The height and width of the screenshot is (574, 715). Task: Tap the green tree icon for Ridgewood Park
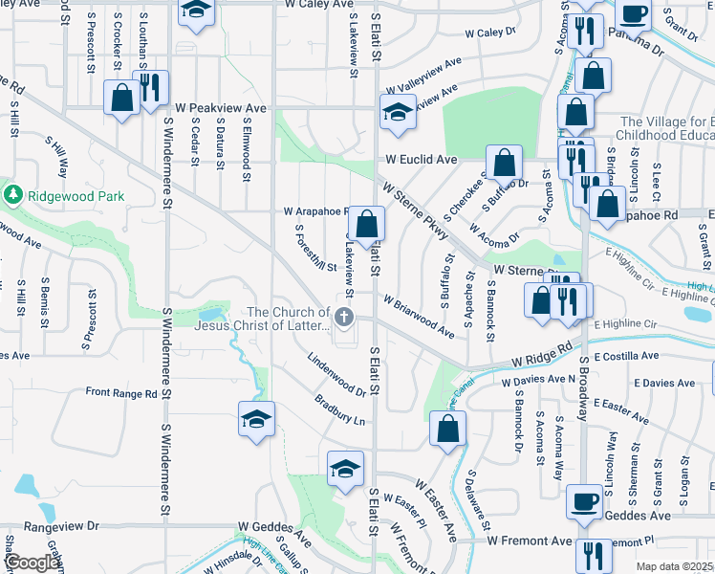pos(13,196)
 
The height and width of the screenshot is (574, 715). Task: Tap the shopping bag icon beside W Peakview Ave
pos(122,98)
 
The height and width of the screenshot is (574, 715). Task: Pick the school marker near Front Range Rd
pos(256,420)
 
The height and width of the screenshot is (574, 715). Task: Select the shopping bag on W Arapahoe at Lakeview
pos(366,225)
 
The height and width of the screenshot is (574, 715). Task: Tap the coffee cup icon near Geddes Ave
pos(584,500)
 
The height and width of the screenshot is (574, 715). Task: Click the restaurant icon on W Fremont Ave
pos(594,555)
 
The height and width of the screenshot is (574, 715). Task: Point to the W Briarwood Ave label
pos(419,316)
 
